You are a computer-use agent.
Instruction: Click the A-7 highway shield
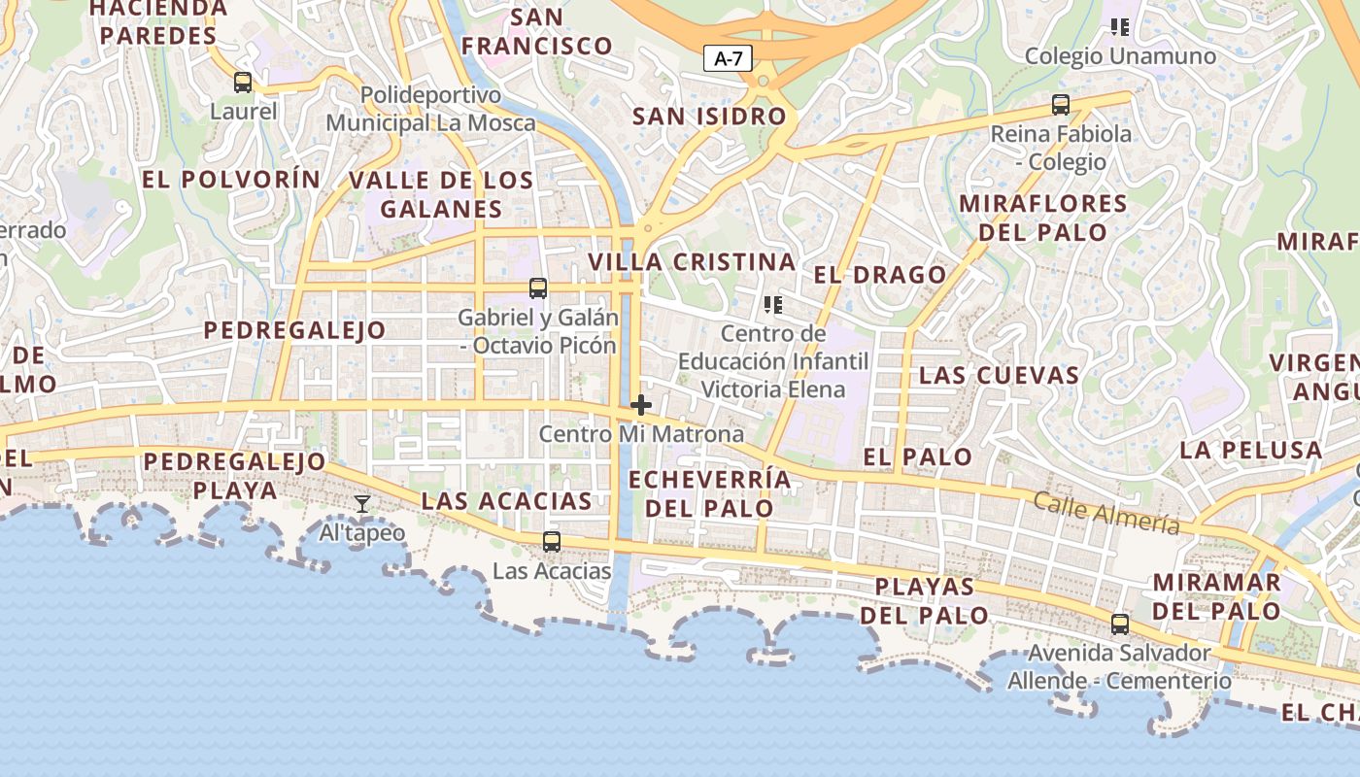click(x=728, y=58)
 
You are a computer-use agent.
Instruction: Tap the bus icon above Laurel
click(x=243, y=83)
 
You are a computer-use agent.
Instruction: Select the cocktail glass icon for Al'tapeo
click(x=362, y=503)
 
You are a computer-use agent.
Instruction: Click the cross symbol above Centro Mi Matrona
click(x=641, y=405)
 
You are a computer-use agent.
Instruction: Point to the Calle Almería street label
click(x=1106, y=512)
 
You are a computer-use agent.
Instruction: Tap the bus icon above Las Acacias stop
click(x=552, y=542)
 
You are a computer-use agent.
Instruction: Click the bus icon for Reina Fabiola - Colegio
click(x=1061, y=105)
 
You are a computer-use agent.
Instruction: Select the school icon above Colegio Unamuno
click(x=1120, y=27)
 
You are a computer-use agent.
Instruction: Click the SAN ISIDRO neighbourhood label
click(x=709, y=117)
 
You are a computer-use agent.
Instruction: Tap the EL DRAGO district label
click(x=880, y=275)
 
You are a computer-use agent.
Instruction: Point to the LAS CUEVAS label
click(x=999, y=375)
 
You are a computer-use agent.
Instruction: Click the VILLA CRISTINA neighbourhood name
click(x=692, y=262)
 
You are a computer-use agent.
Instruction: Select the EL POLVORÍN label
click(x=231, y=180)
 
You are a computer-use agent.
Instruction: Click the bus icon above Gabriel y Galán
click(x=538, y=288)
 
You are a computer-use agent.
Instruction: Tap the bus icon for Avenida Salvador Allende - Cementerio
click(x=1120, y=625)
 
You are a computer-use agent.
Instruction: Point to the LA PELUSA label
click(x=1251, y=451)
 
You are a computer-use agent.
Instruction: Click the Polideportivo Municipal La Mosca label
click(x=430, y=109)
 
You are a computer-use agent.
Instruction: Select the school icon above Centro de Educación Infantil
click(x=773, y=305)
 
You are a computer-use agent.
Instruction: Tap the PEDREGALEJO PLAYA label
click(x=235, y=475)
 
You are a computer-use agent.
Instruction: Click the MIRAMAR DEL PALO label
click(x=1216, y=596)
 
